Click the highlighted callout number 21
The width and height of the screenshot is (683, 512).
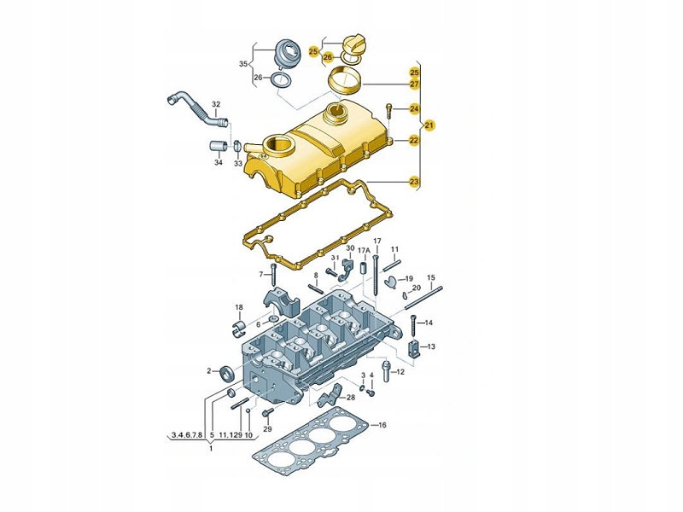click(x=429, y=125)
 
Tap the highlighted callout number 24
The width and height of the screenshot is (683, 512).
click(x=414, y=109)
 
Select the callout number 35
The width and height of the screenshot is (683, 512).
click(x=243, y=64)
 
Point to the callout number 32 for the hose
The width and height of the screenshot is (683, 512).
click(x=216, y=104)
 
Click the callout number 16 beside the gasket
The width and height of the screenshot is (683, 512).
click(x=382, y=425)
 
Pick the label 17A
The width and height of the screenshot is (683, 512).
click(x=364, y=251)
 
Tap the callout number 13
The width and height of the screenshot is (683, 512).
click(x=431, y=346)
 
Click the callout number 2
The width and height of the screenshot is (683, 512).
click(x=209, y=371)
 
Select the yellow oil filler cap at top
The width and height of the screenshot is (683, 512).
click(x=353, y=44)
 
